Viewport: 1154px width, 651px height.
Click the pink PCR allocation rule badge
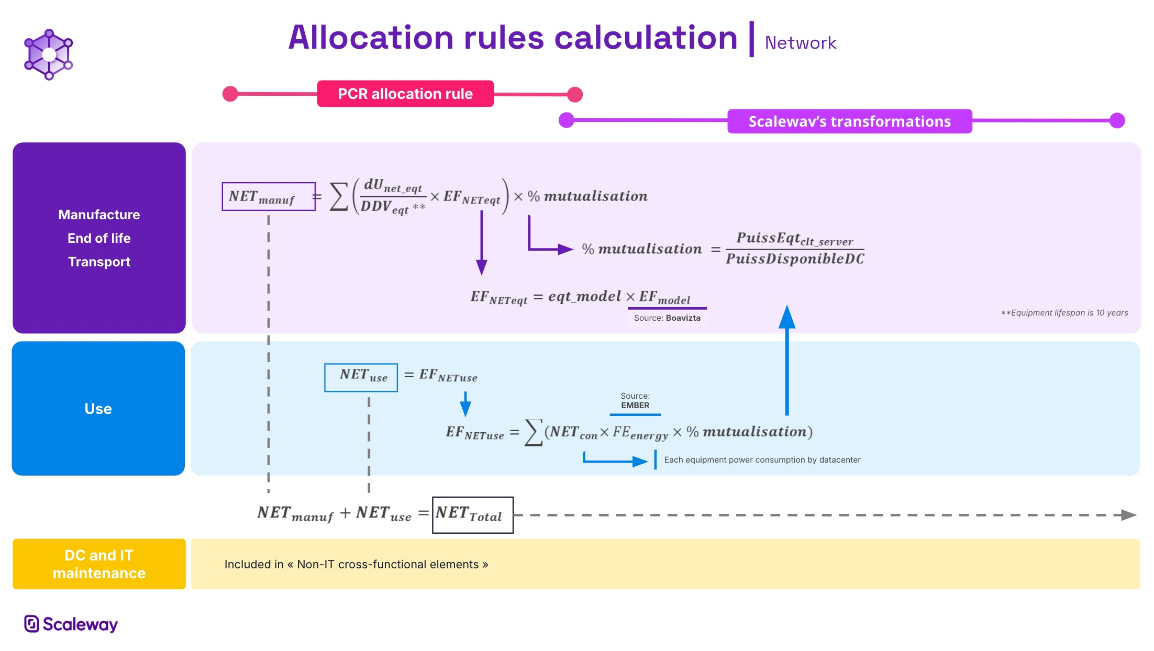point(405,94)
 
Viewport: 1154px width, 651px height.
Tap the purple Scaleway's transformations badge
point(849,121)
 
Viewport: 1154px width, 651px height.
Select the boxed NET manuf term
point(268,197)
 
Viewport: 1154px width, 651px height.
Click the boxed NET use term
point(361,377)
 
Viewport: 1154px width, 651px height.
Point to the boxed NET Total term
point(472,515)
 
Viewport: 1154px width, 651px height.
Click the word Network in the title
point(800,43)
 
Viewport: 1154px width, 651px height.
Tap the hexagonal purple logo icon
point(49,54)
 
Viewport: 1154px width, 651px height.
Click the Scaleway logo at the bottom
point(71,624)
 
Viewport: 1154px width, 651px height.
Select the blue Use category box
point(98,409)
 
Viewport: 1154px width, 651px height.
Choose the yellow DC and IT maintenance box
point(99,564)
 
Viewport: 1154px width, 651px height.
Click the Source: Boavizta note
point(667,318)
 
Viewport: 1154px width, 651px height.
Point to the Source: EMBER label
point(635,401)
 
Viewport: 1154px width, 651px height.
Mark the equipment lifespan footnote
point(1064,313)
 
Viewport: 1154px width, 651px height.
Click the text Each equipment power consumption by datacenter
point(762,460)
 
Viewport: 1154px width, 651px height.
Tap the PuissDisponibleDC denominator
point(795,259)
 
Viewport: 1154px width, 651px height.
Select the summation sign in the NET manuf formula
point(339,197)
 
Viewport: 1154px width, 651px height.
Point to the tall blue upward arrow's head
point(787,317)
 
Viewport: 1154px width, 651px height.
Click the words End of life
point(99,238)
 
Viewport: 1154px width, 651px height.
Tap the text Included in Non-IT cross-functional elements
point(356,565)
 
